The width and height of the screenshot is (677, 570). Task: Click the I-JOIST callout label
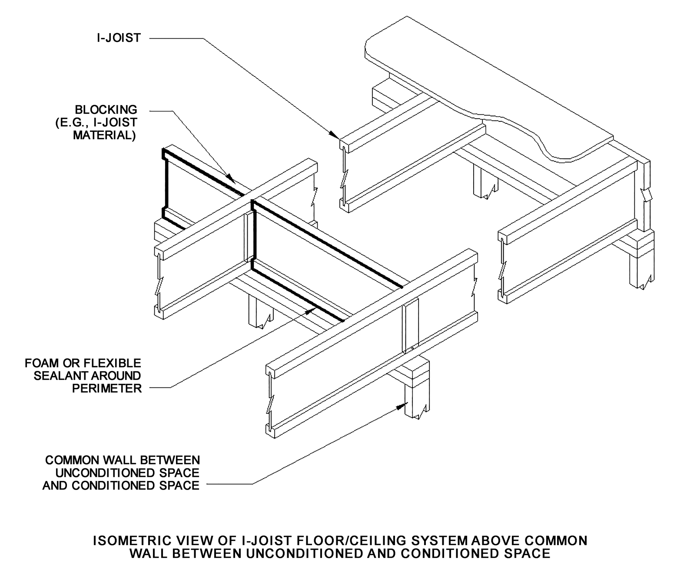pyautogui.click(x=119, y=38)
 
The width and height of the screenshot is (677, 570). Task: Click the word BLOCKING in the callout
pyautogui.click(x=106, y=110)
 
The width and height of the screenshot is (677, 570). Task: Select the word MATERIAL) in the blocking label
pyautogui.click(x=104, y=135)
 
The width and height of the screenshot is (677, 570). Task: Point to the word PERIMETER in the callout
pyautogui.click(x=107, y=388)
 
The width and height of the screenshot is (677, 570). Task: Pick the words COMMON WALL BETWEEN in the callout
pyautogui.click(x=123, y=460)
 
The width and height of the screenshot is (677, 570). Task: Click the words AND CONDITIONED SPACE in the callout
pyautogui.click(x=121, y=485)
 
